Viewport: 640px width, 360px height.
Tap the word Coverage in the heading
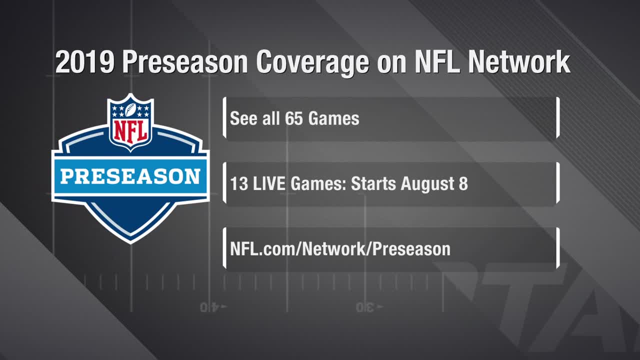pos(312,63)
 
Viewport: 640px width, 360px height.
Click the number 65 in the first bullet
pos(293,118)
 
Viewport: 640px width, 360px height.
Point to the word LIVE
pos(269,183)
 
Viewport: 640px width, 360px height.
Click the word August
pos(427,184)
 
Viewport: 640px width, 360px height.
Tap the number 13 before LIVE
pos(239,183)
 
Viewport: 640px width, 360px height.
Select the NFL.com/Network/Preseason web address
pos(340,249)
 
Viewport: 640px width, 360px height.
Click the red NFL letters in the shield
pos(130,131)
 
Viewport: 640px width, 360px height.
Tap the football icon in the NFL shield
pos(130,109)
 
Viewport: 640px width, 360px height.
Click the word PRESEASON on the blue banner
pos(130,176)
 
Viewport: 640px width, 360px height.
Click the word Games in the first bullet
pos(333,118)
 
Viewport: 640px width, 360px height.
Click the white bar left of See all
pos(224,117)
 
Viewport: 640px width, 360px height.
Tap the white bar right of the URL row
pos(557,248)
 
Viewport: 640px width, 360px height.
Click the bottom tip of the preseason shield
pos(130,243)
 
